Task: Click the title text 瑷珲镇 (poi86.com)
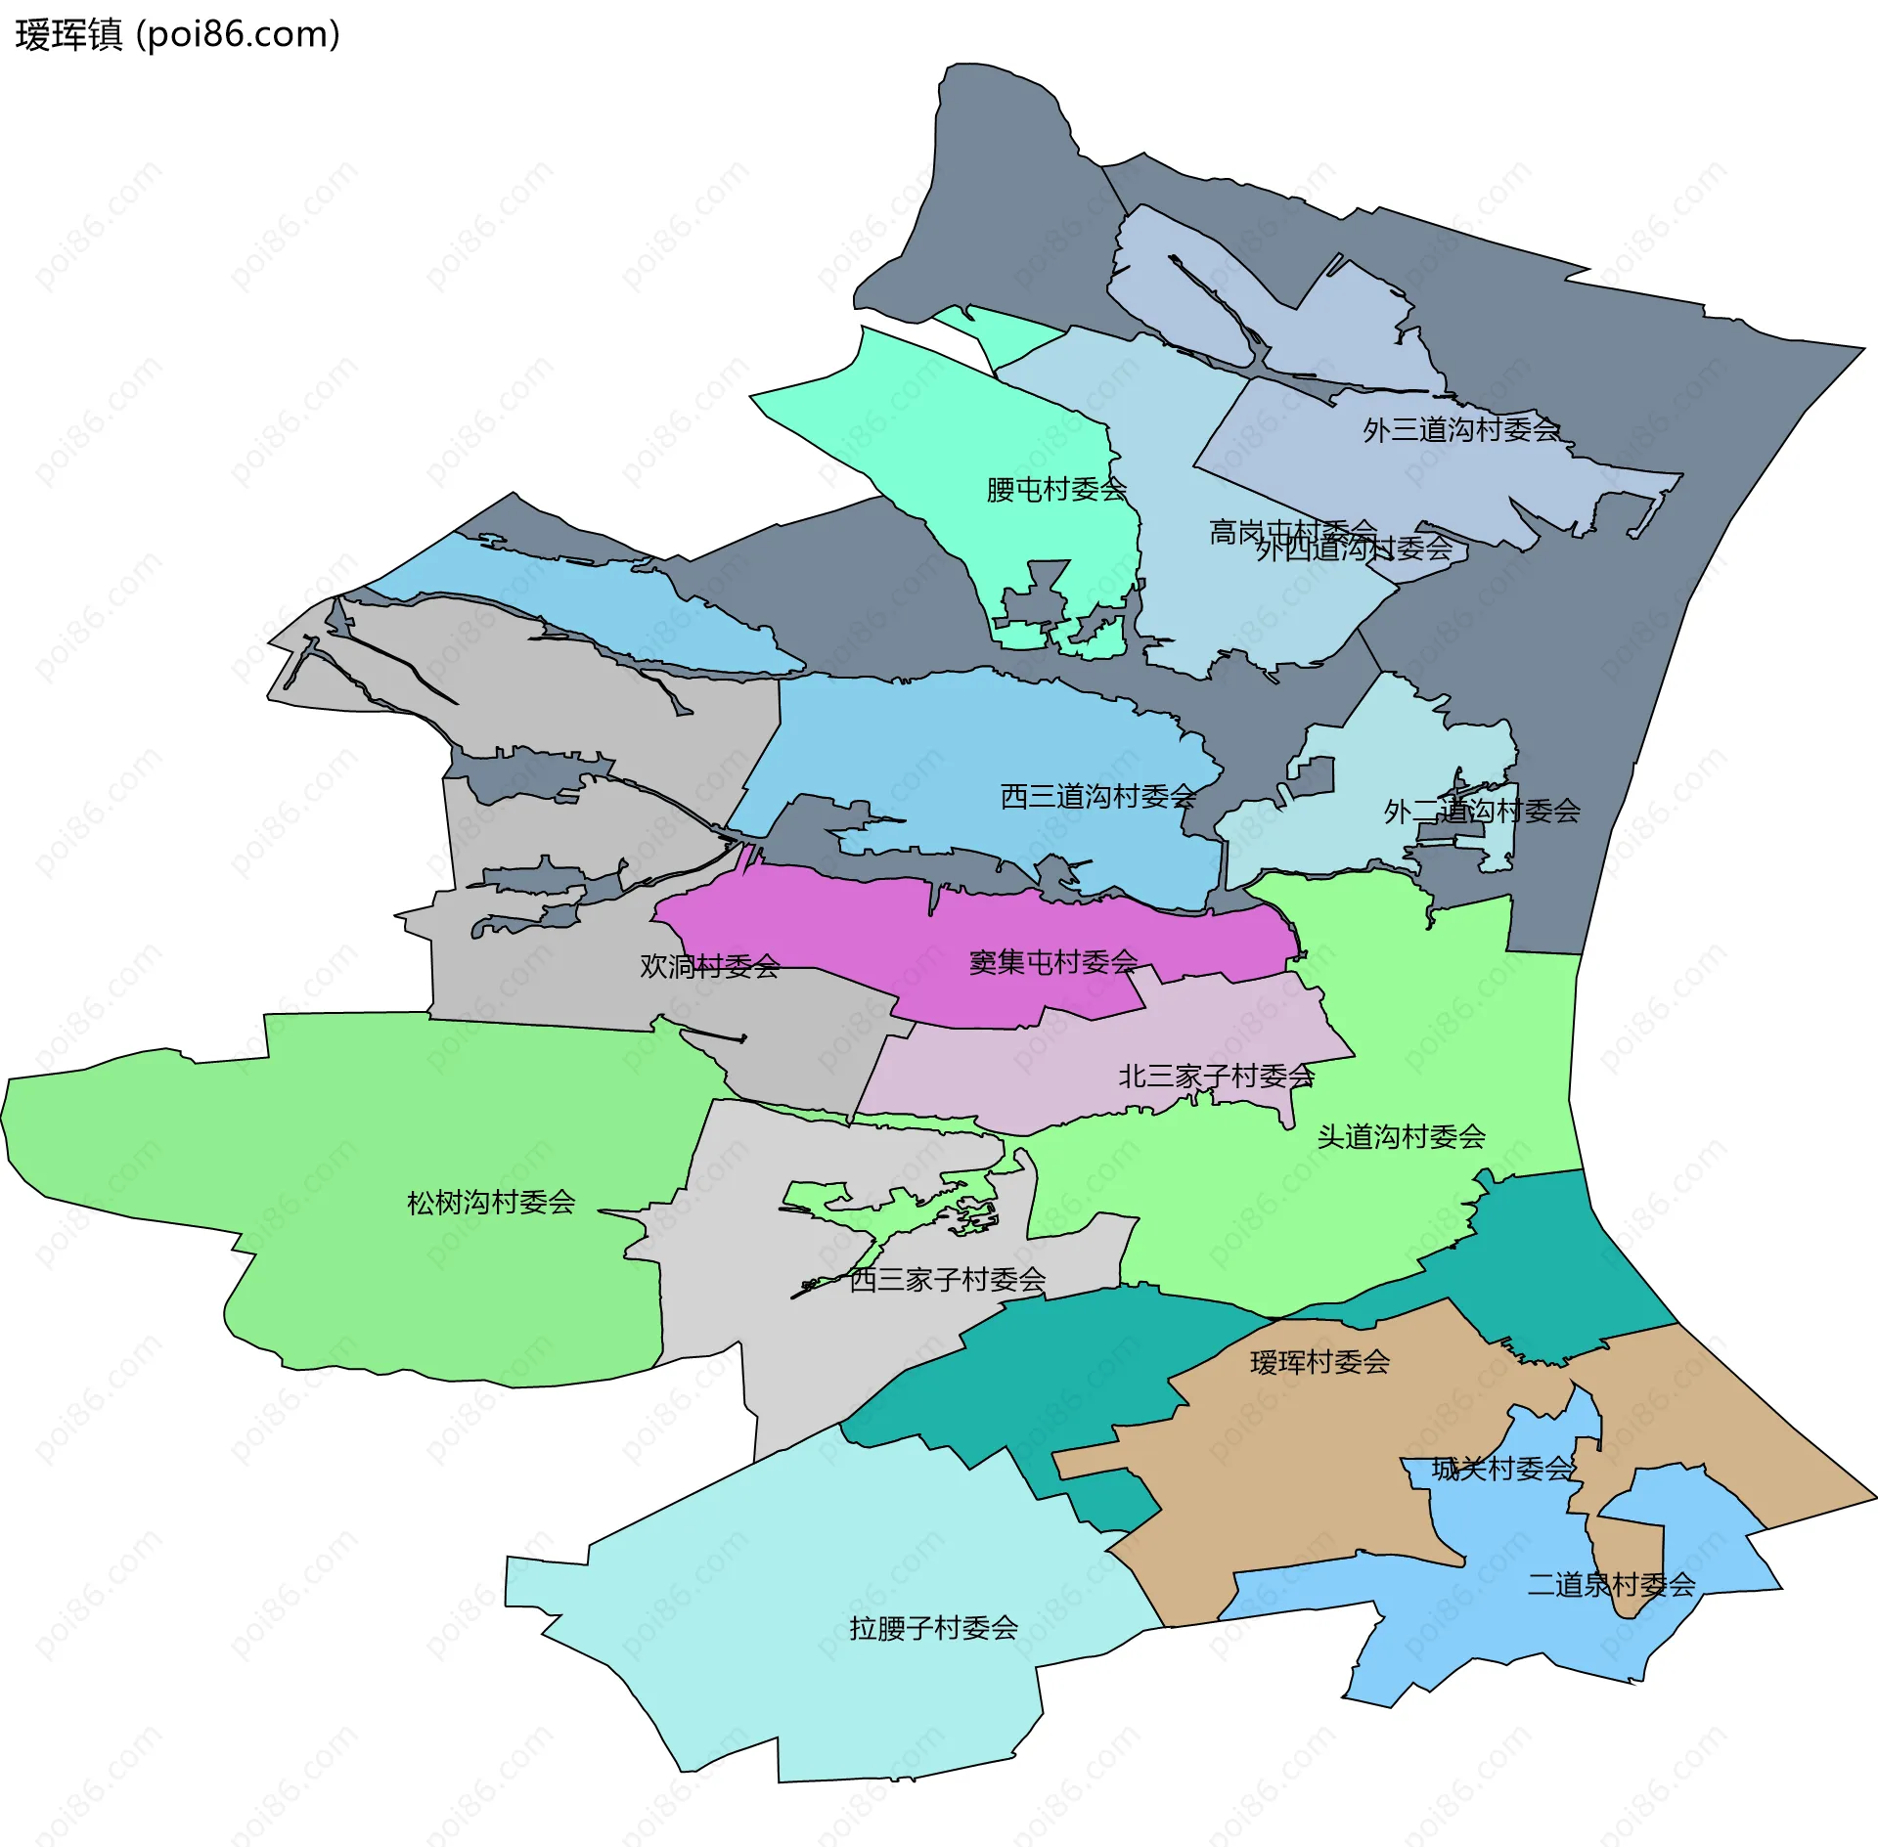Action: (x=177, y=35)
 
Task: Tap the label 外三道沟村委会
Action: (x=1460, y=429)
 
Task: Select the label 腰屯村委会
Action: (x=1055, y=489)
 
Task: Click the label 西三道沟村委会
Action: (x=1097, y=796)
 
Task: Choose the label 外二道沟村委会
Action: (x=1481, y=811)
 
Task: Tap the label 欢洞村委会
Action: (x=709, y=966)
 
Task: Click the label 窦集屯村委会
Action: (x=1052, y=962)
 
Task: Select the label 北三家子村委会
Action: (x=1215, y=1076)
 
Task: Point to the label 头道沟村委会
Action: (x=1401, y=1136)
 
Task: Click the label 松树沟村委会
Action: (x=490, y=1202)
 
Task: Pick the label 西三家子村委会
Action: (x=947, y=1279)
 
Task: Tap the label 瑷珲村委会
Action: (x=1319, y=1362)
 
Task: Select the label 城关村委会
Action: (x=1501, y=1468)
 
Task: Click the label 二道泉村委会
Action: (x=1611, y=1584)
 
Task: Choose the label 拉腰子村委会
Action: (x=933, y=1627)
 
